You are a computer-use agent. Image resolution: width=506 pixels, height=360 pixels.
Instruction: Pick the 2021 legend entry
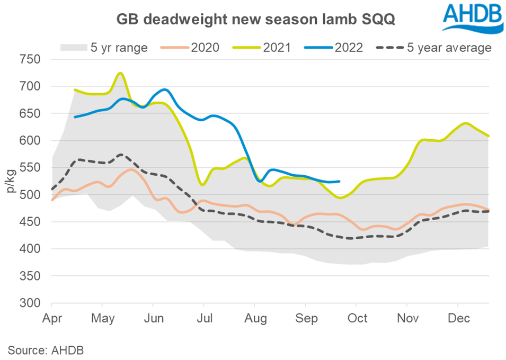tap(263, 48)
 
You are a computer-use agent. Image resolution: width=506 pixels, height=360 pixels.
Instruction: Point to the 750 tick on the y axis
tap(30, 59)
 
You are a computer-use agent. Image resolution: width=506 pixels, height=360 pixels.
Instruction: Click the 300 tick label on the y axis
tap(30, 303)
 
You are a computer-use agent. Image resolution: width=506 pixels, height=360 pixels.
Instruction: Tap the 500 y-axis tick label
tap(30, 195)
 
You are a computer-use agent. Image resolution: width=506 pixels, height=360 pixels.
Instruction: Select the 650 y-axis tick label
tap(30, 113)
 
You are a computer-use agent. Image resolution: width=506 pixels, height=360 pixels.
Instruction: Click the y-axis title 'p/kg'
tap(11, 181)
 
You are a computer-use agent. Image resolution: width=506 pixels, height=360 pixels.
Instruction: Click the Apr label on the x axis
tap(51, 319)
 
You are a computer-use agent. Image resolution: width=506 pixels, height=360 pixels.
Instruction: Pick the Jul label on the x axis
tap(204, 319)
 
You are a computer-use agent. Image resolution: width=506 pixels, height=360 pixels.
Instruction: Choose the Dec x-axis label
tap(457, 319)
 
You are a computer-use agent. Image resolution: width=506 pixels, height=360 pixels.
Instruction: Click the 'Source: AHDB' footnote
tap(46, 349)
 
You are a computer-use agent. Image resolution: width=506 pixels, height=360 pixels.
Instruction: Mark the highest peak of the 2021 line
tap(120, 73)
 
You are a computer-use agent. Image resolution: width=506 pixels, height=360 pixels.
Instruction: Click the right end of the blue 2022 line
tap(339, 182)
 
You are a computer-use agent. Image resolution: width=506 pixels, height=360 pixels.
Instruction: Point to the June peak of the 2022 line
tap(164, 89)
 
